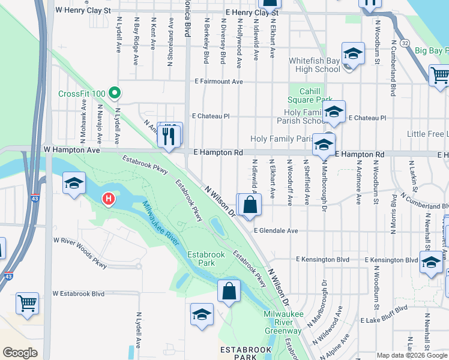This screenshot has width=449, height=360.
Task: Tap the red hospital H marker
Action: click(109, 198)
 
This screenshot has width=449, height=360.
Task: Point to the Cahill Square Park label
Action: click(310, 95)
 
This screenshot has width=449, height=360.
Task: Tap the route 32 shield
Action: click(406, 43)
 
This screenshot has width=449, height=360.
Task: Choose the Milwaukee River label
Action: click(161, 222)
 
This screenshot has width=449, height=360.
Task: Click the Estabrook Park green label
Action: click(206, 259)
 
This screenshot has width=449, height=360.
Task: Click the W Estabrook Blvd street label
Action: click(78, 294)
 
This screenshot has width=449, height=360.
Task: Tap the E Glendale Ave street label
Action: click(276, 230)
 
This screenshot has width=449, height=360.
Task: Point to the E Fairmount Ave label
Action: click(218, 82)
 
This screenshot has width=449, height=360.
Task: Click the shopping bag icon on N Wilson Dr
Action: click(250, 205)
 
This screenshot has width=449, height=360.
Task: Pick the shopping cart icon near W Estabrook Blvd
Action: click(27, 303)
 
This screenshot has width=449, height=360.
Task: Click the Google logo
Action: click(20, 352)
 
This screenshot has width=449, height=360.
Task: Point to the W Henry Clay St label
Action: click(83, 10)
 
